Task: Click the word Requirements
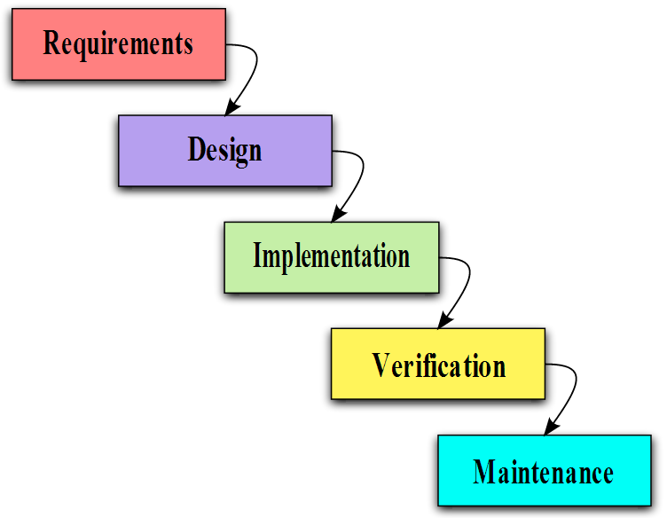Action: pyautogui.click(x=118, y=44)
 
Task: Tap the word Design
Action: pyautogui.click(x=224, y=151)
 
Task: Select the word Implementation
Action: pyautogui.click(x=332, y=256)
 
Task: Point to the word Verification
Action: pyautogui.click(x=438, y=365)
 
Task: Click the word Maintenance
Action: pyautogui.click(x=543, y=472)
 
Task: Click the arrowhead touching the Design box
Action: pyautogui.click(x=231, y=107)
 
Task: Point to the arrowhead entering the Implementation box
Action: pyautogui.click(x=338, y=214)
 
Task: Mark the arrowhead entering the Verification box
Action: pyautogui.click(x=445, y=320)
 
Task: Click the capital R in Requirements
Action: pyautogui.click(x=52, y=43)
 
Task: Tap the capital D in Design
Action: pyautogui.click(x=197, y=149)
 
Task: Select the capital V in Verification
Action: pyautogui.click(x=381, y=365)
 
